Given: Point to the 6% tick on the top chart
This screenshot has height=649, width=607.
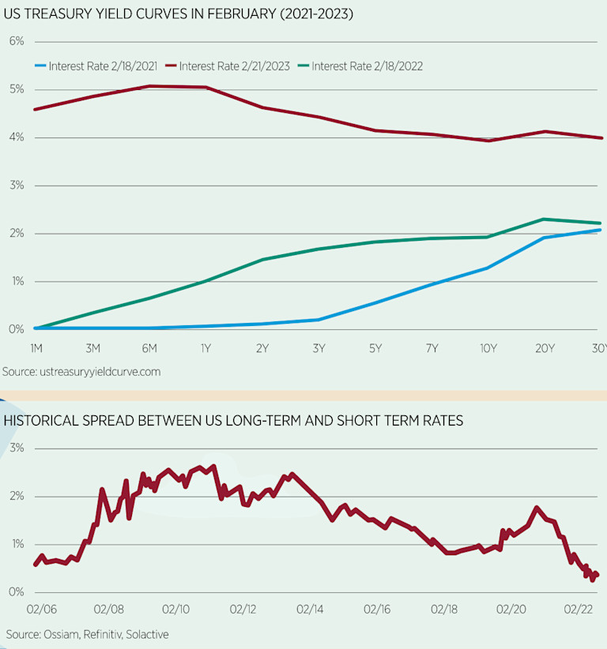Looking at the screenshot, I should [x=15, y=41].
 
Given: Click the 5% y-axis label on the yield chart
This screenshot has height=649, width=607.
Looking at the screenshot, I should [x=15, y=89].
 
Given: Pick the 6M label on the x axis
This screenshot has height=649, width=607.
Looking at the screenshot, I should [x=149, y=348].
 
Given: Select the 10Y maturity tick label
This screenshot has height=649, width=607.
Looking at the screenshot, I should [x=488, y=348].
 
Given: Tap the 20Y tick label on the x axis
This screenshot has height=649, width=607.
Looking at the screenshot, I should [x=544, y=348].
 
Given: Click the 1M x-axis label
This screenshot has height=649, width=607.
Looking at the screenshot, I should [x=36, y=348].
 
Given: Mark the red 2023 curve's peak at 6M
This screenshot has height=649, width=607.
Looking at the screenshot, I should [x=149, y=86].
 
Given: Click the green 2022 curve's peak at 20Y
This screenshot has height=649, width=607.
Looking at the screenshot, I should [x=544, y=219].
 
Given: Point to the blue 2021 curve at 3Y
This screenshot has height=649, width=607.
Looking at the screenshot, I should [x=318, y=320].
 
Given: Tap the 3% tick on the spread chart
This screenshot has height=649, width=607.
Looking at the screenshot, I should [x=15, y=448].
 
